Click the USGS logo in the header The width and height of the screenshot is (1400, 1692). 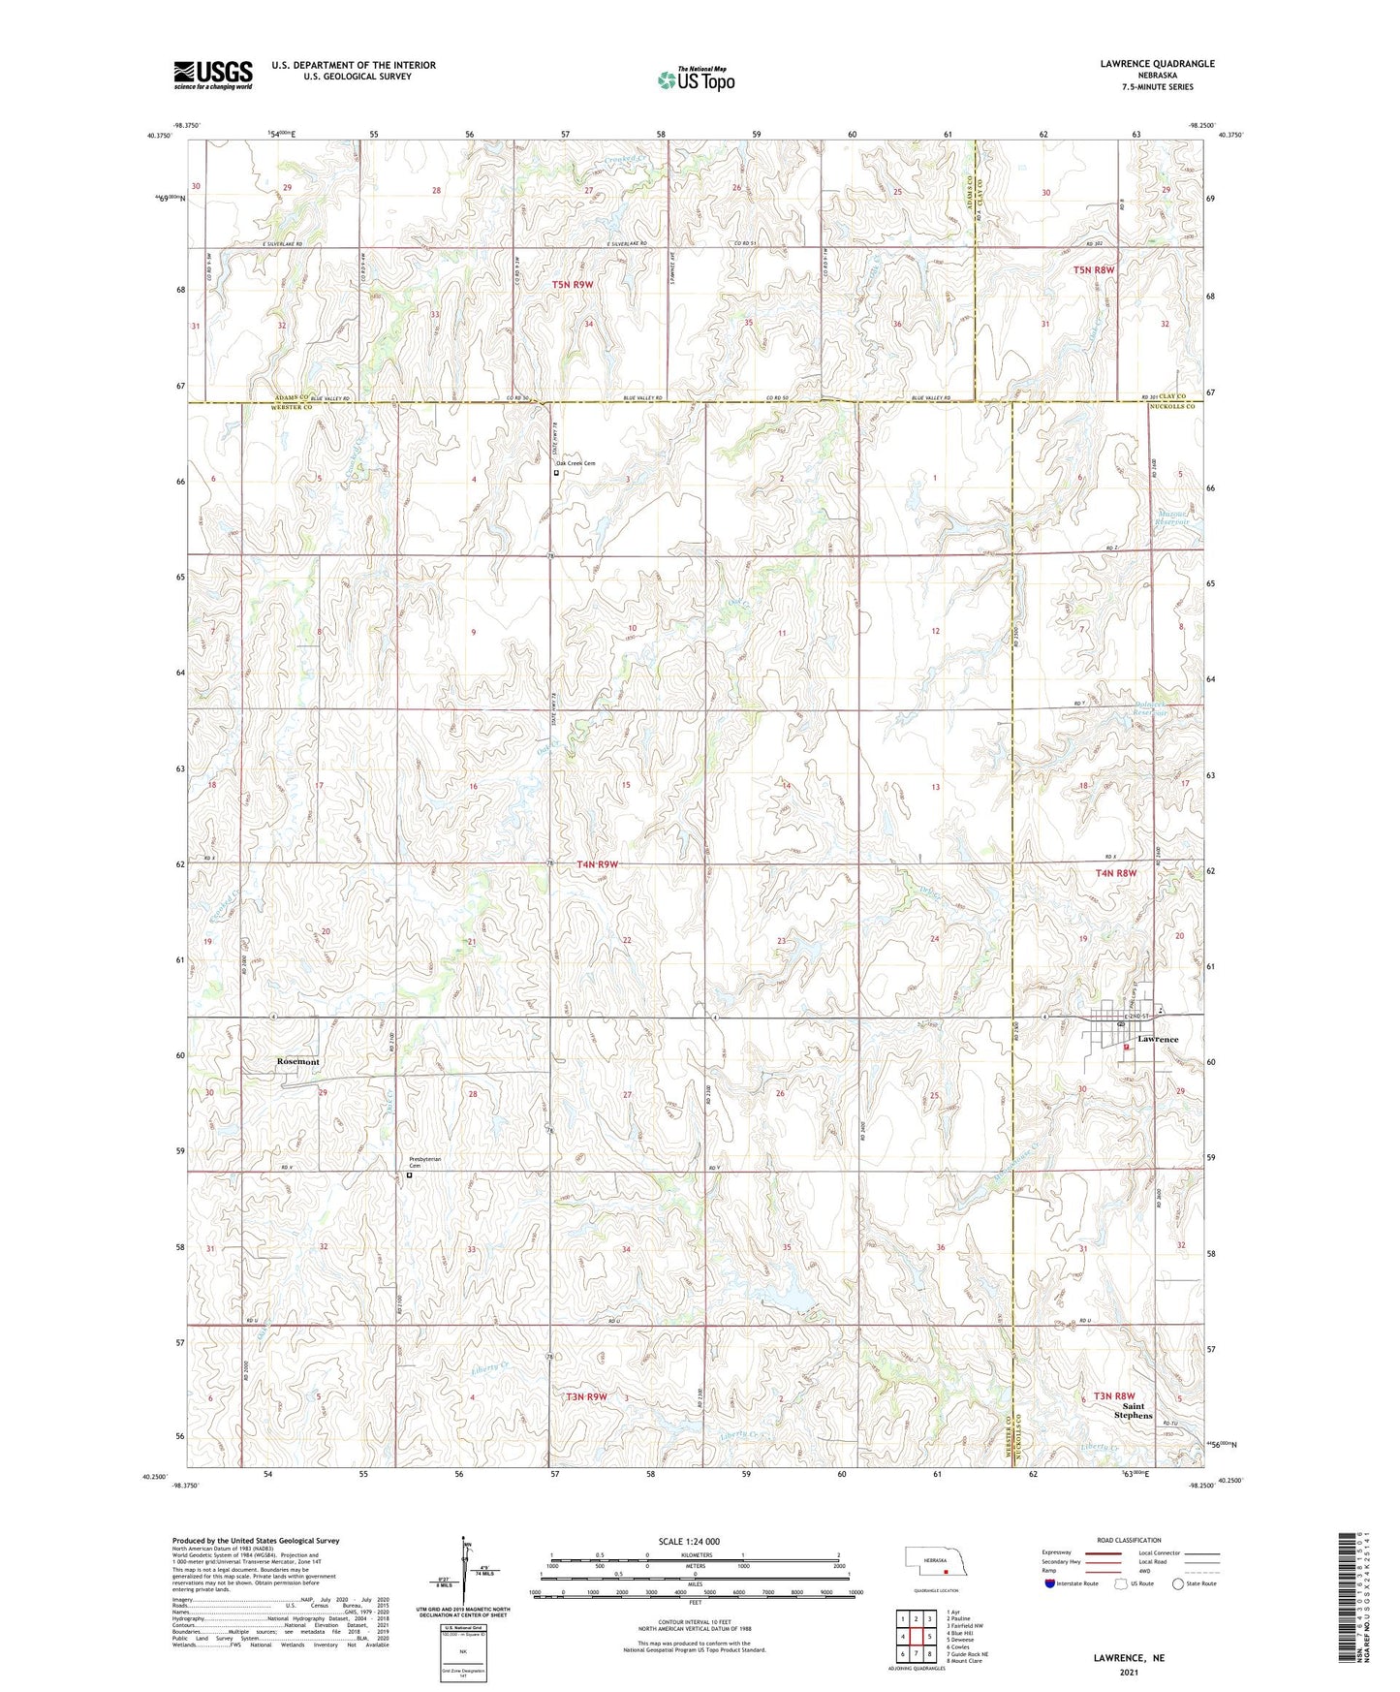(213, 75)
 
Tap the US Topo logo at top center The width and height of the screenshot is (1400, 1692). (696, 79)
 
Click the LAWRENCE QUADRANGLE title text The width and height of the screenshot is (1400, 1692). (1157, 64)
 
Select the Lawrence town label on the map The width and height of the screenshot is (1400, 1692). (1158, 1039)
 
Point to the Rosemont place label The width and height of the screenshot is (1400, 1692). (298, 1062)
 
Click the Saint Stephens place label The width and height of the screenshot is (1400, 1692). (1133, 1410)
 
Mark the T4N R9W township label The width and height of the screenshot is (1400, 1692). (597, 863)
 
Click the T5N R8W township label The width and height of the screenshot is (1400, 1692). (1094, 270)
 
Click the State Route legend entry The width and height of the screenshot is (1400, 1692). (1194, 1583)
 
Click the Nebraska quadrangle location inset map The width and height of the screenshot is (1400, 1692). (934, 1562)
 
